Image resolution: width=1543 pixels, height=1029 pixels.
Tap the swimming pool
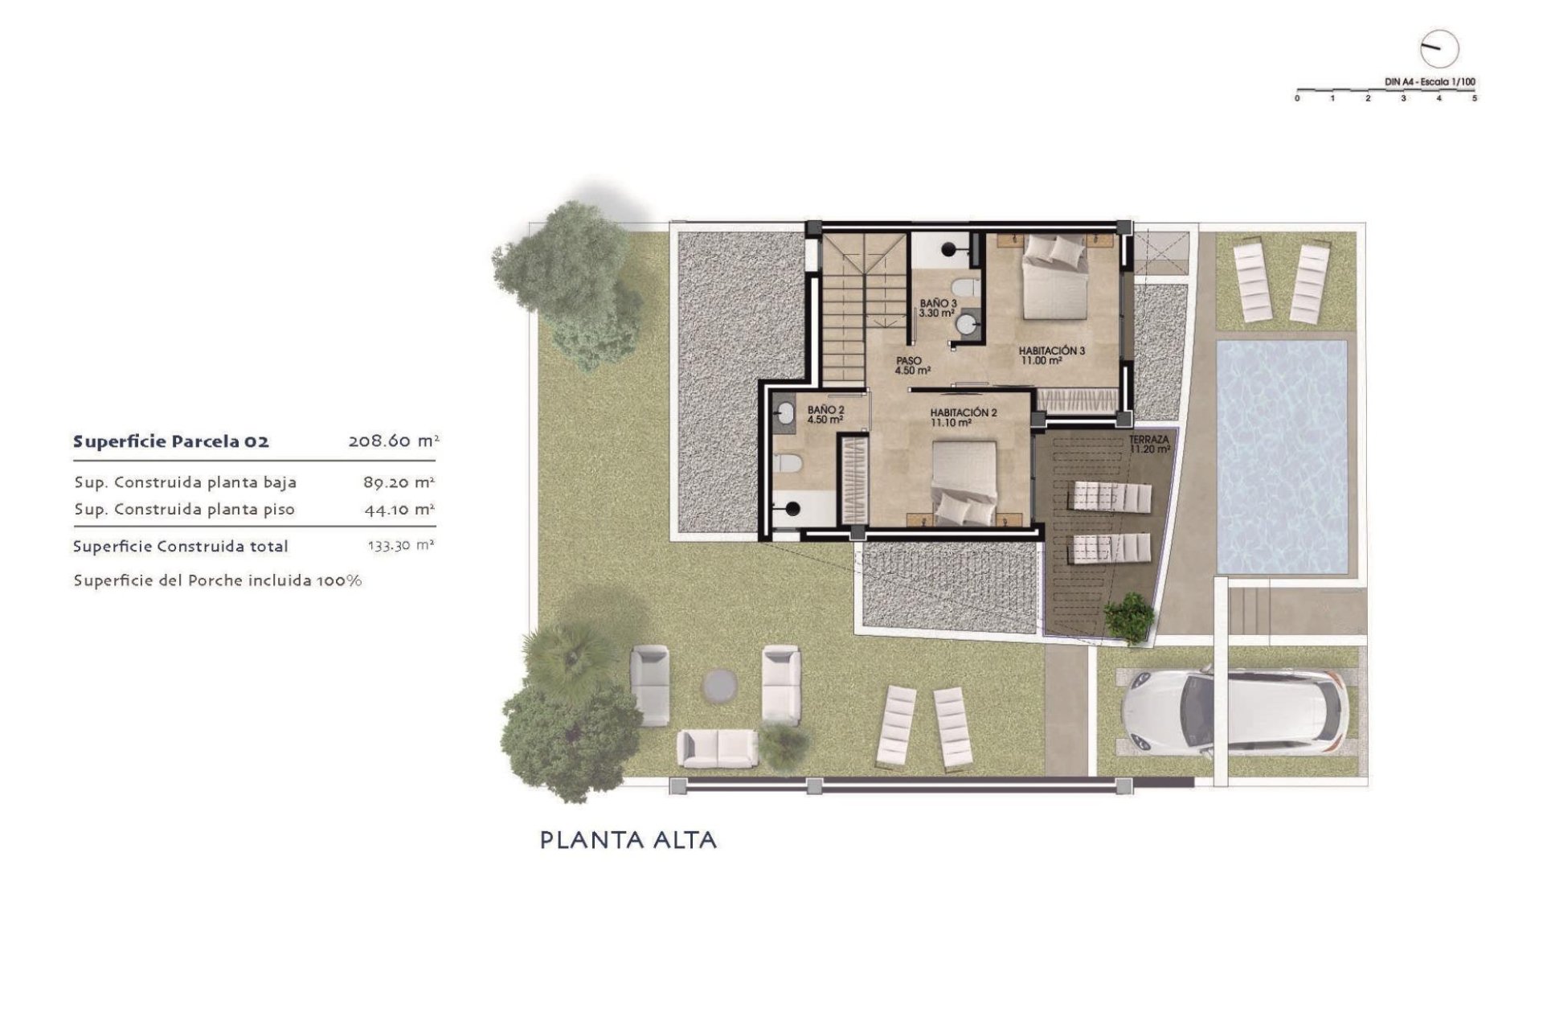(1282, 456)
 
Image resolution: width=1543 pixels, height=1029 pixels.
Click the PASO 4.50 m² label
(912, 366)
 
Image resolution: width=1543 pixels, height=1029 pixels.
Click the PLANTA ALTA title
(628, 841)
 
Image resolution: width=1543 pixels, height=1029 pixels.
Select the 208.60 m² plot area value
(393, 441)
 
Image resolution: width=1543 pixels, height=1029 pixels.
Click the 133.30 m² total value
(400, 545)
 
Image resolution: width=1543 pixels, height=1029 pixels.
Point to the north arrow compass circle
(1439, 50)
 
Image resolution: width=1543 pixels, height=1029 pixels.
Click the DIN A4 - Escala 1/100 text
(1430, 82)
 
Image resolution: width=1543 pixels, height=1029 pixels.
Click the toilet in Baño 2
(789, 464)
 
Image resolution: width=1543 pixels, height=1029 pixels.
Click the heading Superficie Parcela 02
(170, 441)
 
